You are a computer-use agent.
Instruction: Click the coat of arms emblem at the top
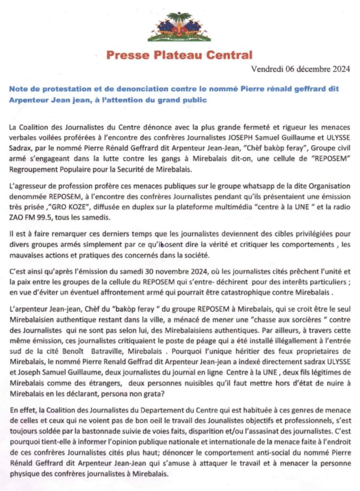tap(179, 27)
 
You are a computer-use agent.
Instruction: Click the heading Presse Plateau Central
tap(179, 55)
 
